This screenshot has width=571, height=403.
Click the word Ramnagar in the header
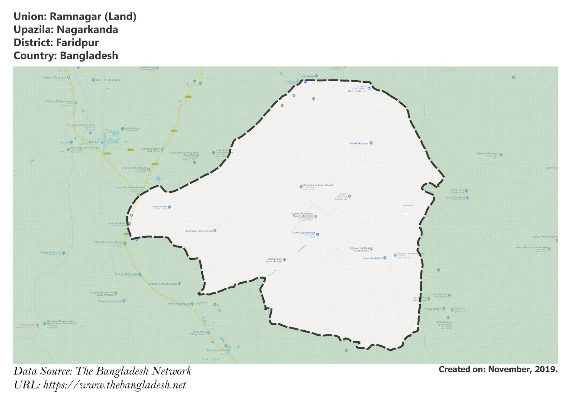pyautogui.click(x=75, y=17)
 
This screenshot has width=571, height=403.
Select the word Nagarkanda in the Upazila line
pyautogui.click(x=87, y=30)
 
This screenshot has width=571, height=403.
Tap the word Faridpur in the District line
pyautogui.click(x=77, y=43)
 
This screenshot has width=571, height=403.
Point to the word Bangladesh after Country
pyautogui.click(x=89, y=56)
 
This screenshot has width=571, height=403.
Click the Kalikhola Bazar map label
pyautogui.click(x=359, y=143)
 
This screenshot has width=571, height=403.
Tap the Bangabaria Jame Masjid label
pyautogui.click(x=318, y=185)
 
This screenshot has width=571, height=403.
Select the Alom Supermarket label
pyautogui.click(x=304, y=233)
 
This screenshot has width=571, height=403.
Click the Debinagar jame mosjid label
pyautogui.click(x=199, y=231)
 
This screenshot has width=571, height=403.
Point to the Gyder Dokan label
pyautogui.click(x=159, y=207)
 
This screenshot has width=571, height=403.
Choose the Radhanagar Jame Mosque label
pyautogui.click(x=274, y=260)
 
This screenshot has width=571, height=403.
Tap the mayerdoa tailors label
pyautogui.click(x=372, y=258)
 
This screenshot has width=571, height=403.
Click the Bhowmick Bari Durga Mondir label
pyautogui.click(x=360, y=249)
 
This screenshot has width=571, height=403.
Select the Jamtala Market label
pyautogui.click(x=117, y=223)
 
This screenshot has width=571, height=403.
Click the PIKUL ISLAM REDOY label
pyautogui.click(x=108, y=80)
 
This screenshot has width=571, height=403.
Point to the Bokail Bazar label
pyautogui.click(x=132, y=129)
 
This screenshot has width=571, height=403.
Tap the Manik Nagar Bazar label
pyautogui.click(x=179, y=304)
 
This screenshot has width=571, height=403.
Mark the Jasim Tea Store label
pyautogui.click(x=455, y=197)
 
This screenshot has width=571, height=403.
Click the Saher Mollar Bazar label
pyautogui.click(x=487, y=154)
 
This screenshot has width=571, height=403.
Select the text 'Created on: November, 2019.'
pyautogui.click(x=498, y=370)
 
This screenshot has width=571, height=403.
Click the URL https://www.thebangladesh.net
pyautogui.click(x=115, y=385)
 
